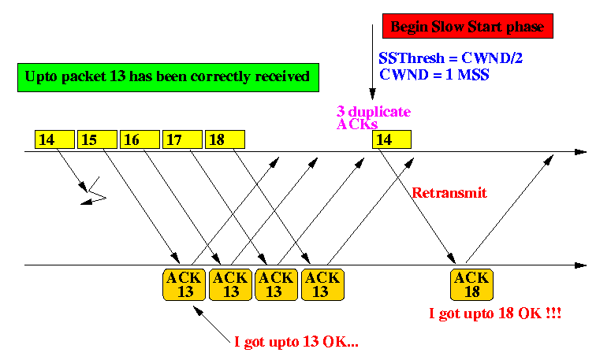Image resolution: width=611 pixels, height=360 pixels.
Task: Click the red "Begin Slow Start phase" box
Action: (x=468, y=26)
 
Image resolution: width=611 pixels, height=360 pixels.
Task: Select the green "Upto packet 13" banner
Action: (x=169, y=77)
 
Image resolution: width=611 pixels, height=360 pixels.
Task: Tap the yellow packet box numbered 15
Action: (x=97, y=139)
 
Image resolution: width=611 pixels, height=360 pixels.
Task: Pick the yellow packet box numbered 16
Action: (x=140, y=139)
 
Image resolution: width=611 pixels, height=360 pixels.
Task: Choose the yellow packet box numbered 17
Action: (x=182, y=139)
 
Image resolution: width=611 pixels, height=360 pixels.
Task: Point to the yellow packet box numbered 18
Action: (x=225, y=139)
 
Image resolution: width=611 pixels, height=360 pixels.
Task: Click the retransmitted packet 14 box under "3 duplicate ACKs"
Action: (x=392, y=139)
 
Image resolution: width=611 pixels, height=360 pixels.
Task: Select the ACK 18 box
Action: (x=471, y=284)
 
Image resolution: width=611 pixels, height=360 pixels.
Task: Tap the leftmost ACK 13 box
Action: (x=184, y=284)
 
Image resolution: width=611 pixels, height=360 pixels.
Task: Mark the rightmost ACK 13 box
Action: (x=322, y=284)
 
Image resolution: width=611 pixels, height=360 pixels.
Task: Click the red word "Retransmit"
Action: (x=449, y=193)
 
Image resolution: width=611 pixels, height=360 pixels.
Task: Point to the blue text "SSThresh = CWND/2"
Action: (x=450, y=58)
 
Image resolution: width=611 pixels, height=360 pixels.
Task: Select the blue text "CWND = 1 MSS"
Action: (x=434, y=74)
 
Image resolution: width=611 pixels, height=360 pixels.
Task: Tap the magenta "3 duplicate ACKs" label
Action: (x=374, y=117)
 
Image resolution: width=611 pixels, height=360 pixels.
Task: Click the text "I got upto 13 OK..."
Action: (x=296, y=342)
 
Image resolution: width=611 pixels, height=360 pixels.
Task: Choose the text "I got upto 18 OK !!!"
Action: (x=495, y=314)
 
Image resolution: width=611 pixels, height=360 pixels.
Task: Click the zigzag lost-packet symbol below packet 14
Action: (x=94, y=191)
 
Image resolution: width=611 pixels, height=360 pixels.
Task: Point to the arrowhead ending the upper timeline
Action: (x=580, y=152)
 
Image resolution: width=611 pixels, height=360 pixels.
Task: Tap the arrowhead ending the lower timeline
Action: (x=580, y=265)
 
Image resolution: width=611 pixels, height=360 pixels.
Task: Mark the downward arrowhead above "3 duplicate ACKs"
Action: (x=372, y=94)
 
